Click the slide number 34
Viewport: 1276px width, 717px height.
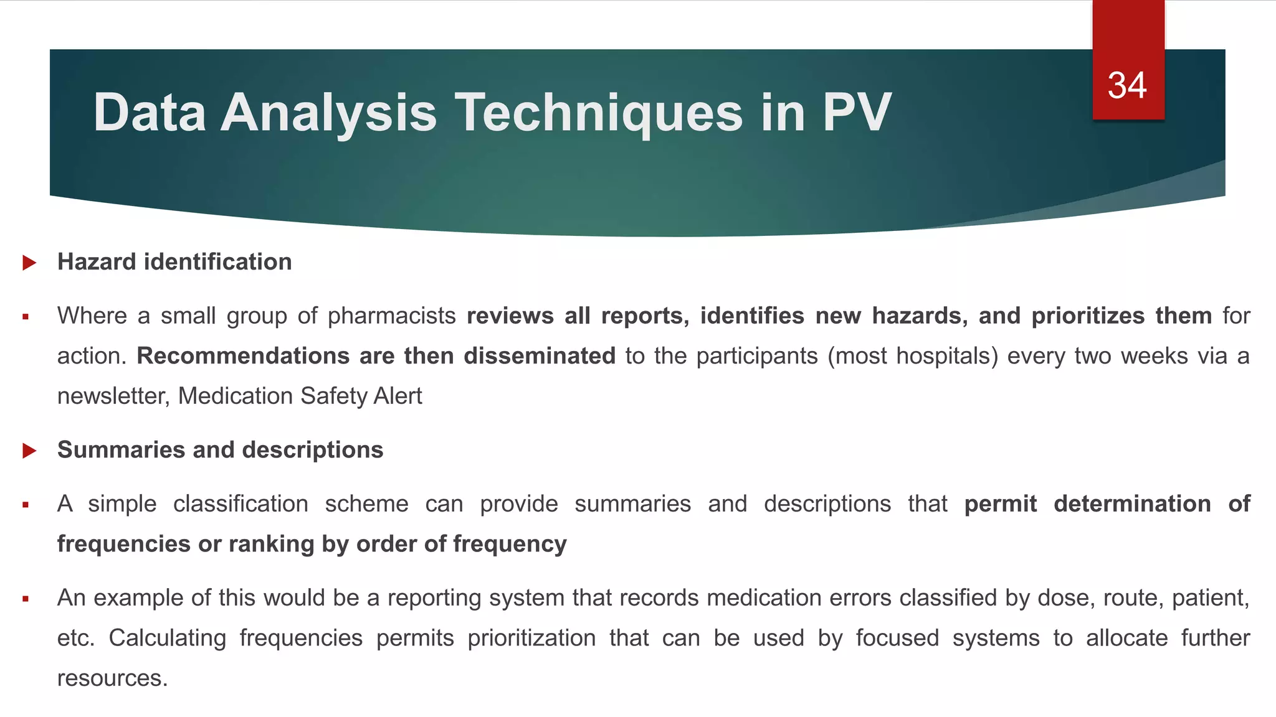(x=1127, y=86)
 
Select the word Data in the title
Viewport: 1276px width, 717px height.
(x=150, y=113)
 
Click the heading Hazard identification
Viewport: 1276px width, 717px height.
(x=174, y=262)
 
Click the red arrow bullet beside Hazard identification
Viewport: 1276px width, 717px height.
(x=29, y=263)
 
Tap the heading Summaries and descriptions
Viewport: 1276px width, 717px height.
(x=220, y=450)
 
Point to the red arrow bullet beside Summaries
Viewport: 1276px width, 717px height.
(x=29, y=451)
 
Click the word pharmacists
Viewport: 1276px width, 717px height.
(x=392, y=316)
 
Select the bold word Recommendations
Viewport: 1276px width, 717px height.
(x=243, y=356)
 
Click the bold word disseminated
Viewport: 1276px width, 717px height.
(x=540, y=356)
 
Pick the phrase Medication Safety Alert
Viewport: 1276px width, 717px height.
(x=300, y=396)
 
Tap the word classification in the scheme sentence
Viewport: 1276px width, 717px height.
(x=240, y=504)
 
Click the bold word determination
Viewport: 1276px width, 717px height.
(x=1132, y=504)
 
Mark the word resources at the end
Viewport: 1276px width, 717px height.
(x=112, y=678)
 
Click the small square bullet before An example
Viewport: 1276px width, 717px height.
(x=26, y=599)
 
